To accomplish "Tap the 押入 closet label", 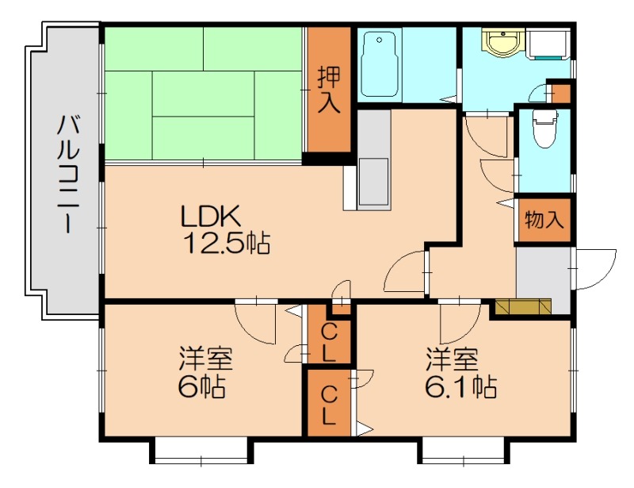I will tap(329, 90).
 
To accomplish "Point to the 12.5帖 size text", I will tap(226, 243).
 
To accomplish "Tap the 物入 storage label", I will tap(544, 220).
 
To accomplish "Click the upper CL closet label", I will tap(329, 341).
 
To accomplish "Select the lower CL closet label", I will tap(329, 403).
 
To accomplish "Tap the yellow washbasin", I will tap(502, 43).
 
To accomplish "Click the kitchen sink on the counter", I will tap(373, 180).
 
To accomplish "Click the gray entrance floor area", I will tap(544, 274).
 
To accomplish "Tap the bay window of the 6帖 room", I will tap(201, 451).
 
